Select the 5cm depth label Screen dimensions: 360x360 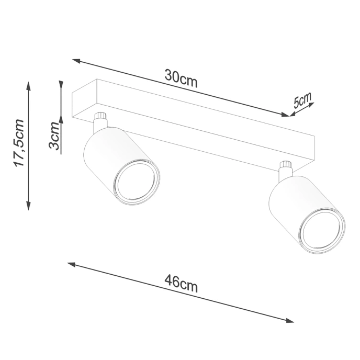[x=302, y=100]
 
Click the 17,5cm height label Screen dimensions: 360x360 [x=19, y=143]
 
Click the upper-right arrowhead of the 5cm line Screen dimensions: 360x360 [x=312, y=104]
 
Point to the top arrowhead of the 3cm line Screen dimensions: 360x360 [x=61, y=84]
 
